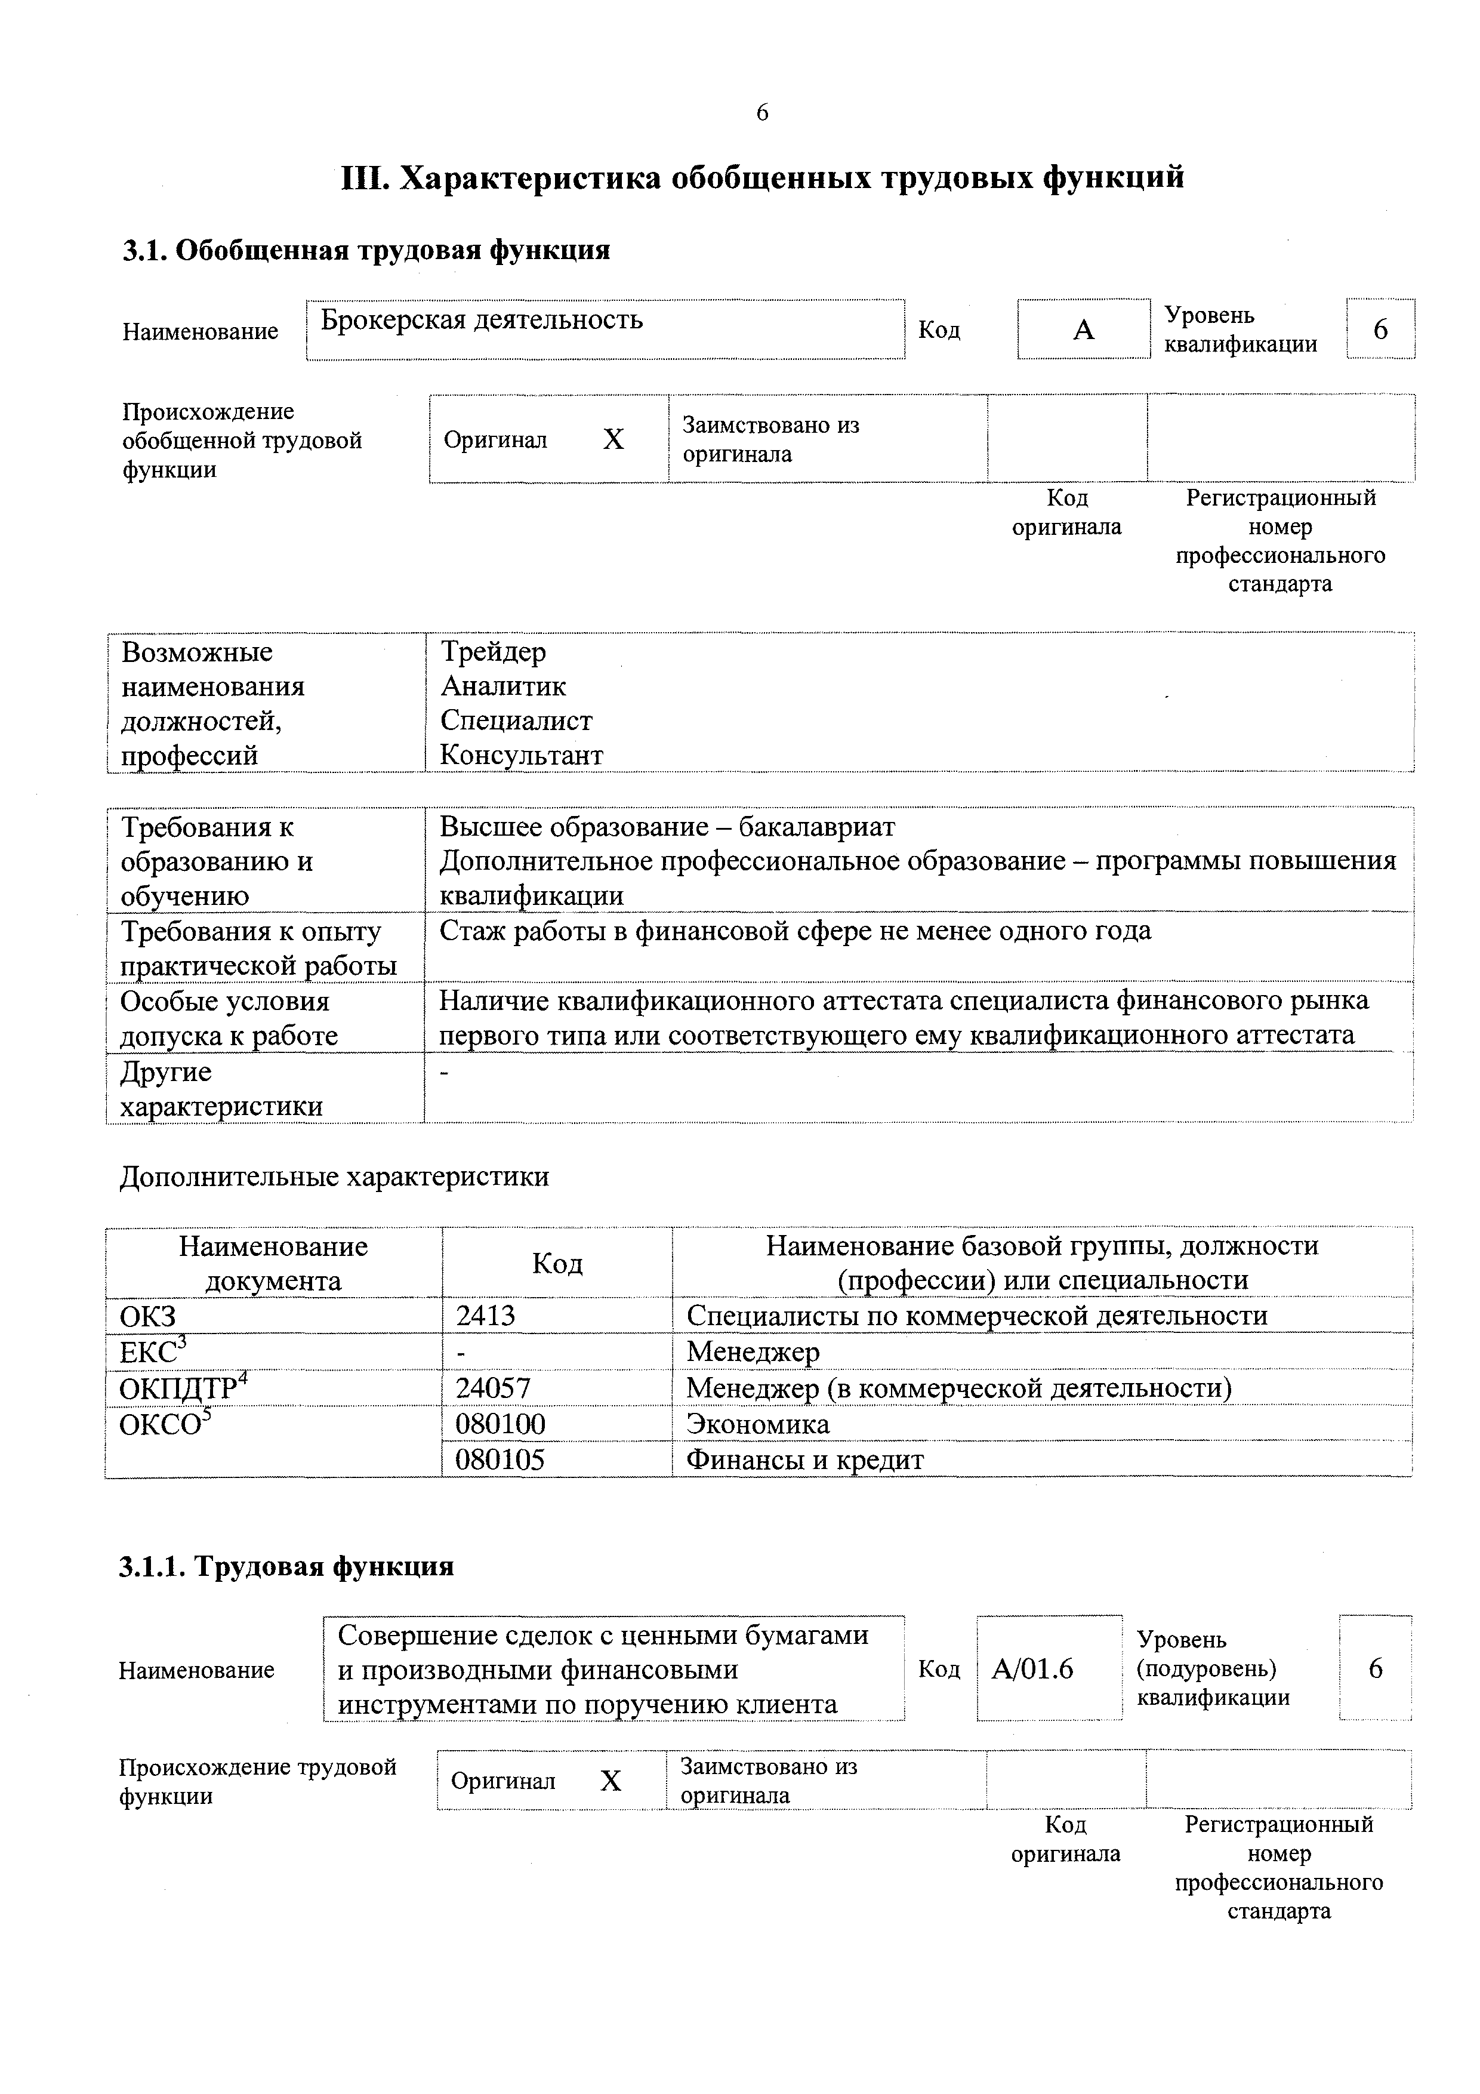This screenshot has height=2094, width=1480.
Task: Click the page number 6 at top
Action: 762,112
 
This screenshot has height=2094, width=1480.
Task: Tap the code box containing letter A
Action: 1083,330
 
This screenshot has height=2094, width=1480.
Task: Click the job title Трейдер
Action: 494,651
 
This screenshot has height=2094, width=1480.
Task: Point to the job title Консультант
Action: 521,755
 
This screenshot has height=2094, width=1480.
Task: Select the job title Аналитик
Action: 502,686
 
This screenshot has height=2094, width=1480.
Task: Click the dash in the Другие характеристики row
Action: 445,1073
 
